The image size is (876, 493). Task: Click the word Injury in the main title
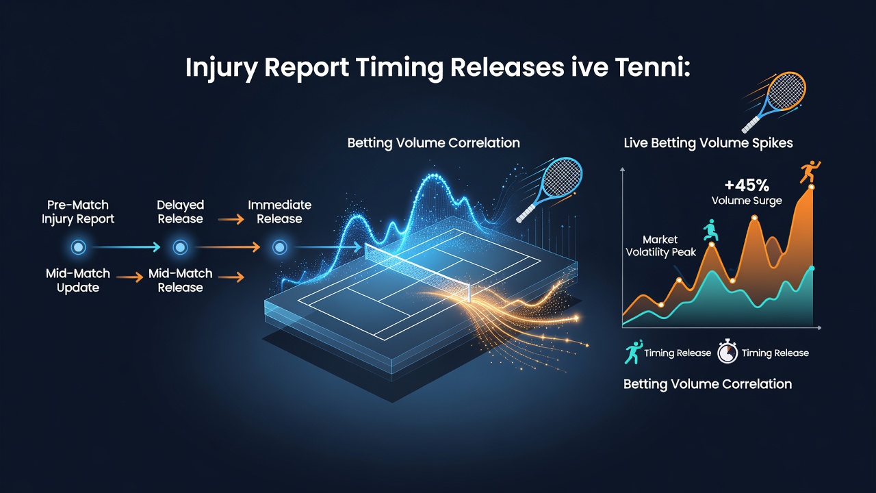(x=221, y=68)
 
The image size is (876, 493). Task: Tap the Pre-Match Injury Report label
(x=78, y=212)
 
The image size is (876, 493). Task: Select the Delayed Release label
(x=180, y=212)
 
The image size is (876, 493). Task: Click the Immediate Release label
(x=280, y=212)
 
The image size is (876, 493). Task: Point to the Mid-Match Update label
(x=78, y=280)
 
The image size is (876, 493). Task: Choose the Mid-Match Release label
(x=180, y=280)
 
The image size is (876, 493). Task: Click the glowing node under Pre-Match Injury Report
(x=78, y=247)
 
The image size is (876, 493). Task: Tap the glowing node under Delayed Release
(x=180, y=247)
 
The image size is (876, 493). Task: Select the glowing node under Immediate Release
(x=280, y=247)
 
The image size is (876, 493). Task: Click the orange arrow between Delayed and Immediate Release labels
(x=231, y=220)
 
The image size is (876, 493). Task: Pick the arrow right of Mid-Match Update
(x=130, y=277)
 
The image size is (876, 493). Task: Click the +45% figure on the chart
(x=747, y=185)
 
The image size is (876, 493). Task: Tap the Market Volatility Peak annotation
(x=660, y=246)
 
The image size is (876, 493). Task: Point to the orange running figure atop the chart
(x=810, y=171)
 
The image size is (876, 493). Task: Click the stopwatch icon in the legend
(x=727, y=351)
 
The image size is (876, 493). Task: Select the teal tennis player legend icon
(x=633, y=352)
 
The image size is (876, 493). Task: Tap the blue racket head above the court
(x=564, y=178)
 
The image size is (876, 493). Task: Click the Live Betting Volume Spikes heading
(x=708, y=143)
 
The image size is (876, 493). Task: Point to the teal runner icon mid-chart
(x=710, y=230)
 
